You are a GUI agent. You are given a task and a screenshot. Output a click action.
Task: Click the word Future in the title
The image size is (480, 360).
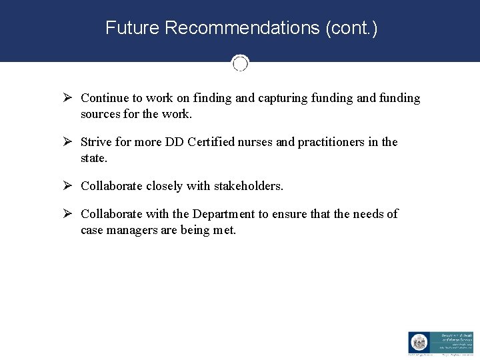click(x=132, y=28)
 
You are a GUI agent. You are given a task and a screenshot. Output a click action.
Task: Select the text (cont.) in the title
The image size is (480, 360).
click(x=351, y=28)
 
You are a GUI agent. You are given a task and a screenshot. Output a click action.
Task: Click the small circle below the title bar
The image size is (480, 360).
click(x=240, y=63)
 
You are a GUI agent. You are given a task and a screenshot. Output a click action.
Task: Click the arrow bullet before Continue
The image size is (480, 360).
click(x=67, y=98)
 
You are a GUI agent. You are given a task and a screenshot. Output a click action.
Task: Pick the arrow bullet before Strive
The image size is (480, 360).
click(x=67, y=142)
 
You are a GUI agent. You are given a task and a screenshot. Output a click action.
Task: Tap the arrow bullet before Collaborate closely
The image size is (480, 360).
click(x=67, y=186)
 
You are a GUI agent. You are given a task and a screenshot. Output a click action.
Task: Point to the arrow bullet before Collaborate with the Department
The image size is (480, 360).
click(x=67, y=214)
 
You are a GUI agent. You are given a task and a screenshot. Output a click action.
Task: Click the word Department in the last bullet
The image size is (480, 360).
click(x=223, y=214)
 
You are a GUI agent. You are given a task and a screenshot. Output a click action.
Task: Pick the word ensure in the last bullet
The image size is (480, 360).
click(x=291, y=214)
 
